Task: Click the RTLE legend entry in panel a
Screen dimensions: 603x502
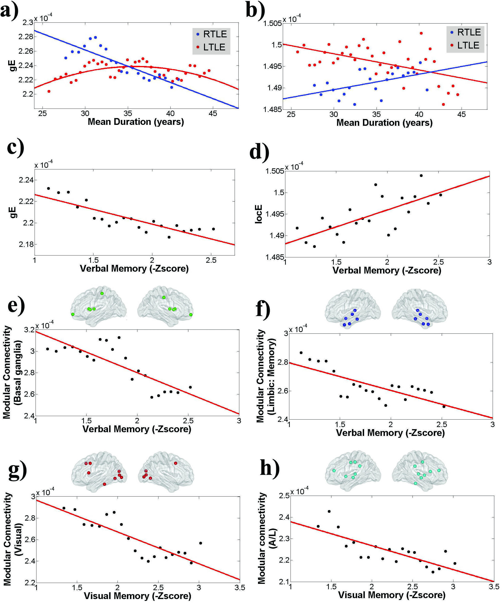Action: coord(211,34)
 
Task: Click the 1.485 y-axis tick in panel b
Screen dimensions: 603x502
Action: coord(272,109)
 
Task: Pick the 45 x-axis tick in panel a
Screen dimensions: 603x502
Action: coord(213,113)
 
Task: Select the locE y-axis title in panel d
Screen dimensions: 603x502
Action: coord(258,214)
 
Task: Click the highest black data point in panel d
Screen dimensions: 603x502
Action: coord(421,175)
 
